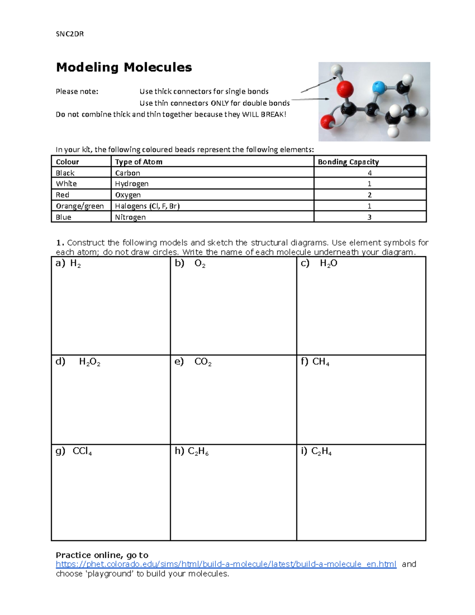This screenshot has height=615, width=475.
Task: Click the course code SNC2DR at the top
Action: [x=70, y=34]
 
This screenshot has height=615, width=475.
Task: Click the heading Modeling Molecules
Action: [x=124, y=67]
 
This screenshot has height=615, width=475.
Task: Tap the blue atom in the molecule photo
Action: [x=378, y=86]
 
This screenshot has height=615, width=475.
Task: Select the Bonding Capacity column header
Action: [x=348, y=162]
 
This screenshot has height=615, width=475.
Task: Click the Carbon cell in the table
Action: [x=127, y=173]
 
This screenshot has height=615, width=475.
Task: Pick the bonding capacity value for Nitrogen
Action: [x=369, y=217]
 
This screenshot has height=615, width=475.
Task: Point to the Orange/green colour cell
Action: [x=80, y=206]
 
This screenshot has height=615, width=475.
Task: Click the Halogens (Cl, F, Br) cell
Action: [x=147, y=206]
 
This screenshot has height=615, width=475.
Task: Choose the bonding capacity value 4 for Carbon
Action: [x=369, y=173]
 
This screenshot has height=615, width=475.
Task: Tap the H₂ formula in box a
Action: [x=75, y=264]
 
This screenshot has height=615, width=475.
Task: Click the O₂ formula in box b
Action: [x=200, y=264]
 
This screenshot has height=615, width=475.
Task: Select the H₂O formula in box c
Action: [x=329, y=264]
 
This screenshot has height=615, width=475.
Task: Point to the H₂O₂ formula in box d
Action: [x=89, y=362]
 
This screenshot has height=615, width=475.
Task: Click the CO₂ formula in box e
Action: [x=203, y=362]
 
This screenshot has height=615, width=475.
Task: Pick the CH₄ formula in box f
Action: [x=321, y=362]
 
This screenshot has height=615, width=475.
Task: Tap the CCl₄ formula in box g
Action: [x=82, y=451]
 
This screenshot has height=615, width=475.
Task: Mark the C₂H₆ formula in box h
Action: [x=198, y=451]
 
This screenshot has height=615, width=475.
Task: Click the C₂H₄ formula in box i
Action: [x=321, y=451]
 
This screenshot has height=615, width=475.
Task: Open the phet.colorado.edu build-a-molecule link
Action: [x=226, y=564]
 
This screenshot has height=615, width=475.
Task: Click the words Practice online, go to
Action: [x=102, y=555]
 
